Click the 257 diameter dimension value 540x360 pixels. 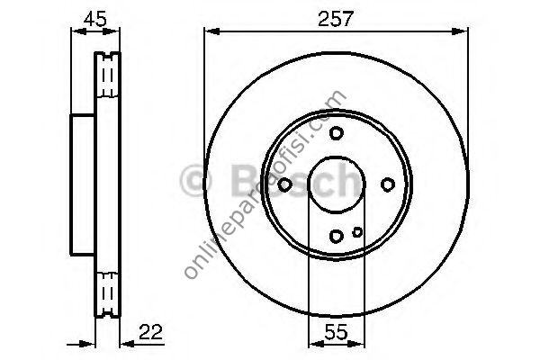pos(336,17)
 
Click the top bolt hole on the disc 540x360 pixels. pos(336,133)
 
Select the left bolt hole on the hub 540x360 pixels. pos(284,184)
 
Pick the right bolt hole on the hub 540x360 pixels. pos(388,184)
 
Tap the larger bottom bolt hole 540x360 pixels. pos(336,236)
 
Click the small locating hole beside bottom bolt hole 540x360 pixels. pos(357,232)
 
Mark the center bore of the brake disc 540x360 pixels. pos(336,184)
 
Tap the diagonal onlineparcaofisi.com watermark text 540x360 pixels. pos(265,184)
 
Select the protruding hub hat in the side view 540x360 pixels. pos(83,184)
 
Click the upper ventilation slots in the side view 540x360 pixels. pos(109,76)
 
